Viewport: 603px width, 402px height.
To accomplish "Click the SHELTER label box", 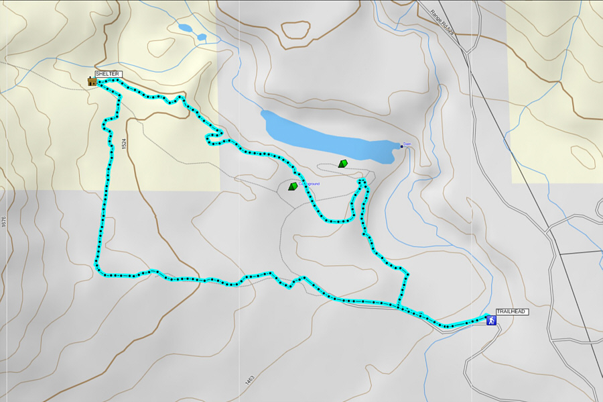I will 109,74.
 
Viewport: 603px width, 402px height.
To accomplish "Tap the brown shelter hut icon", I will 92,82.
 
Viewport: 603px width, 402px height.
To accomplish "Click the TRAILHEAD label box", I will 512,312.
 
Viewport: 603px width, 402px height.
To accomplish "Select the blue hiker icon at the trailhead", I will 492,321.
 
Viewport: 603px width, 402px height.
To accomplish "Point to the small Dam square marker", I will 401,146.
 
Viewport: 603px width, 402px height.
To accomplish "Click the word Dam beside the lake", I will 407,144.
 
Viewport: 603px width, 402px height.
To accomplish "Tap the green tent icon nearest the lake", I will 342,163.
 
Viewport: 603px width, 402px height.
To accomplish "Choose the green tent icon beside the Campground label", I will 293,186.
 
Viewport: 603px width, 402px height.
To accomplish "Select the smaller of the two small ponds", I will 201,38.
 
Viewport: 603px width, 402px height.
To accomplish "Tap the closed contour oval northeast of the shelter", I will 161,47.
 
